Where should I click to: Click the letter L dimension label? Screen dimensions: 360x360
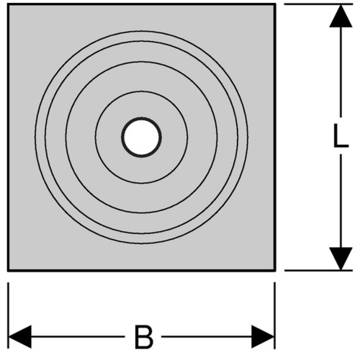(x=341, y=135)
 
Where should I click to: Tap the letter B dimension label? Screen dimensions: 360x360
(x=143, y=337)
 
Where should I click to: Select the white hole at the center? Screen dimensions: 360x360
(x=141, y=138)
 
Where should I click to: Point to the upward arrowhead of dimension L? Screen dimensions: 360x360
(x=341, y=16)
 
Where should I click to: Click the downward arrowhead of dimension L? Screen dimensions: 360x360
(x=341, y=258)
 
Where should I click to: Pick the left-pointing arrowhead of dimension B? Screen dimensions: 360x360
(x=20, y=337)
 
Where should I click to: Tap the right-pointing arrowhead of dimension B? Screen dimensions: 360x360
(x=263, y=337)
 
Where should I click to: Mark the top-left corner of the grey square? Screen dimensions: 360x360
(x=8, y=4)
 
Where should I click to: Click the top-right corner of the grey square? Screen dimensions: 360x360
(x=275, y=4)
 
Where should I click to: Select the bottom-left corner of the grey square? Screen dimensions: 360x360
(x=8, y=271)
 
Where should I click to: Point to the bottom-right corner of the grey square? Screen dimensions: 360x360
(x=275, y=271)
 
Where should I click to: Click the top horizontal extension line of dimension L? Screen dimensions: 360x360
(x=318, y=4)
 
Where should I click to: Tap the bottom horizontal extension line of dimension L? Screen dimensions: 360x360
(x=318, y=270)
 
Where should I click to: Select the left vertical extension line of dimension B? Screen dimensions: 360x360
(x=8, y=315)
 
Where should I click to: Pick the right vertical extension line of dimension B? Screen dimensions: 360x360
(x=275, y=315)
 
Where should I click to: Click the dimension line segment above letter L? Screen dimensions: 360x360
(x=341, y=72)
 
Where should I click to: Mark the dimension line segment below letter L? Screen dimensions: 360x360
(x=341, y=201)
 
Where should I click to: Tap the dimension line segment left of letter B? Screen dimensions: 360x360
(x=78, y=337)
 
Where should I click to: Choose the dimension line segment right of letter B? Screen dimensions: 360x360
(x=207, y=337)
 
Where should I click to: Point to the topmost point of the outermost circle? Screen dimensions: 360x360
(x=141, y=31)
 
